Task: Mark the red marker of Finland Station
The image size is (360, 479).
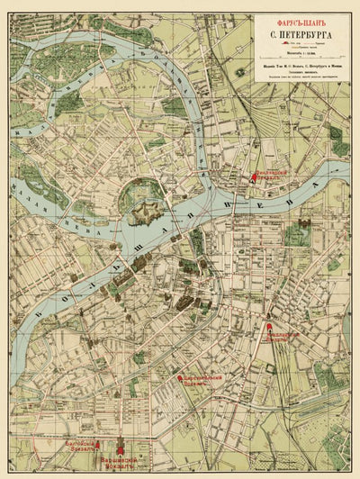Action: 254,179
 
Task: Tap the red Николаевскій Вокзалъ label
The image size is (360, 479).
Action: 281,334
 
